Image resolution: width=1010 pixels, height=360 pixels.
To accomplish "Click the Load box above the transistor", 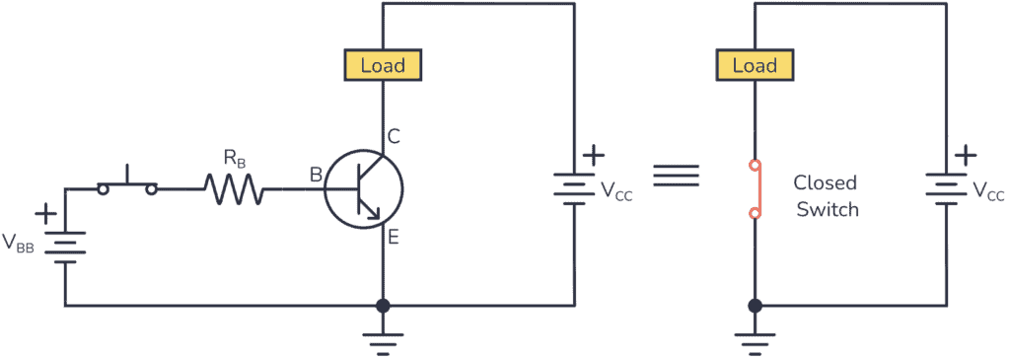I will (382, 66).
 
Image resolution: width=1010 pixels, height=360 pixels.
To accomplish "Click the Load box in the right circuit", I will (755, 66).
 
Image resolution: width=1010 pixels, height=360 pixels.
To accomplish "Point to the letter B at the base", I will (316, 176).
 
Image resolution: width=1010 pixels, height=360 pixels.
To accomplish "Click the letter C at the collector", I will (393, 137).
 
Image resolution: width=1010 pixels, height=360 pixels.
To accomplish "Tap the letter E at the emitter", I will (393, 237).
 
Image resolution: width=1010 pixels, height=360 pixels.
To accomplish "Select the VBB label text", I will (19, 244).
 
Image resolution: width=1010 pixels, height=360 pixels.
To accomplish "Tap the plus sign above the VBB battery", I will (45, 213).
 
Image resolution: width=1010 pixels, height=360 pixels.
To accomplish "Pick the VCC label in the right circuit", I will (989, 191).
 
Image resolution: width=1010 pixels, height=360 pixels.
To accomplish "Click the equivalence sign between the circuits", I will (676, 177).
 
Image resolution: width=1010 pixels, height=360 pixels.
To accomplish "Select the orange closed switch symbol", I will (755, 187).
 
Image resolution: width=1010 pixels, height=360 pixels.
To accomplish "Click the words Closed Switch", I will (826, 196).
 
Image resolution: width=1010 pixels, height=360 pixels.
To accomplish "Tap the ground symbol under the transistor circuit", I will (383, 341).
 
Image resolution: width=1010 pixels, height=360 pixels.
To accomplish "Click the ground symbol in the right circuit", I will (755, 341).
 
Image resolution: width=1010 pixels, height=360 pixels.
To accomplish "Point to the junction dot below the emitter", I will (383, 306).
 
